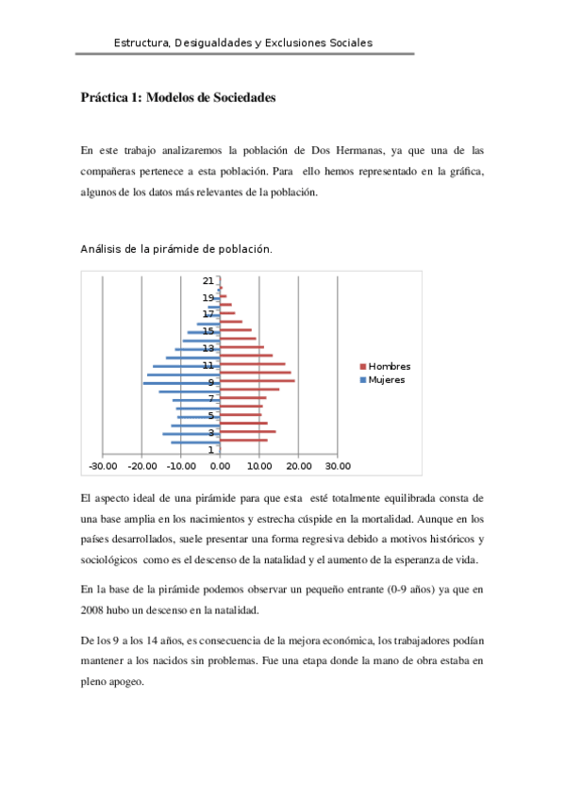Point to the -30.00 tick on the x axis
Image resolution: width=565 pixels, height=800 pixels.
102,465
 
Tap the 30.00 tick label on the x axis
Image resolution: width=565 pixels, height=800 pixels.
338,465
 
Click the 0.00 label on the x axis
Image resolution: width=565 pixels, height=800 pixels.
220,465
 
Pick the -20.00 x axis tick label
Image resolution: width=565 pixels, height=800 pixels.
141,465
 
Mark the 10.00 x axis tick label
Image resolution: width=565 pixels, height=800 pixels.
259,465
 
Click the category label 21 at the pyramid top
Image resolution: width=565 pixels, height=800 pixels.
207,281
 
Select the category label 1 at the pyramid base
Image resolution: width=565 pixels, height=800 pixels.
210,449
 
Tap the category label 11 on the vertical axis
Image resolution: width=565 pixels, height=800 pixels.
207,365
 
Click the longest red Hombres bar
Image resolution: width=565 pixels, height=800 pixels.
258,381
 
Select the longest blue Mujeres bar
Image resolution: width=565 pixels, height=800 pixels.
181,383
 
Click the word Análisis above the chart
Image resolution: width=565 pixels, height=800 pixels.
105,249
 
